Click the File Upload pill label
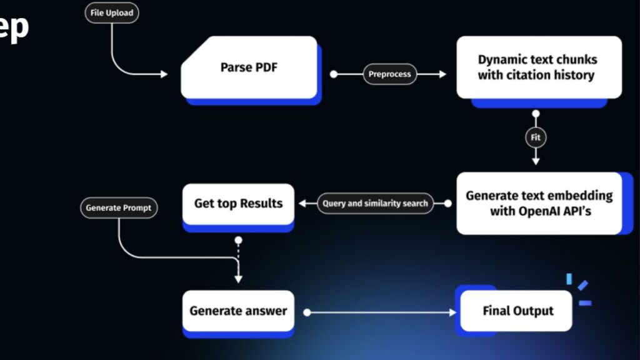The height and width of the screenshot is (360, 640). pos(112,12)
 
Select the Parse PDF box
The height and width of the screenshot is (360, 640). pos(249,67)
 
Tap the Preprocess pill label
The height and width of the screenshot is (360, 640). pos(389,74)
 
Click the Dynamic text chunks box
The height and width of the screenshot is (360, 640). pos(538,67)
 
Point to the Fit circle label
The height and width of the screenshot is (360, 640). pos(536,137)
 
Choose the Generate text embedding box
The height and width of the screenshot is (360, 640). pos(539,203)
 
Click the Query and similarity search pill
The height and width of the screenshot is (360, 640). pos(375,203)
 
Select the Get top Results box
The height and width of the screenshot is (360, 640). pos(238,204)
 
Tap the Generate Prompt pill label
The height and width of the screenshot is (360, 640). pos(118,207)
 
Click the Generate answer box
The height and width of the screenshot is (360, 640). pos(238,311)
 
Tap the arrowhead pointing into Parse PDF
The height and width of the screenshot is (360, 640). pos(164,74)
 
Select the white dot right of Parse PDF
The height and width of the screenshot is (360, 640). pos(334,74)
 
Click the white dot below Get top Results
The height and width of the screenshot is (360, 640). pos(238,240)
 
